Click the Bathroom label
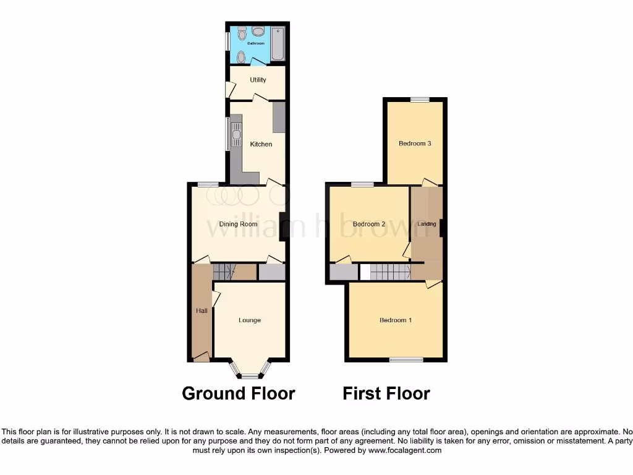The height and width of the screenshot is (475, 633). [256, 44]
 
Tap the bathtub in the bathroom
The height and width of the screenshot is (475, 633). [278, 43]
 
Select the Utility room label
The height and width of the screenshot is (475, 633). [258, 80]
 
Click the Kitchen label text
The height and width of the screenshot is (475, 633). [261, 145]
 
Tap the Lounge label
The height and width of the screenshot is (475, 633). [250, 320]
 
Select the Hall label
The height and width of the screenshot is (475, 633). [202, 311]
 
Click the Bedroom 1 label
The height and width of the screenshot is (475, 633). [396, 320]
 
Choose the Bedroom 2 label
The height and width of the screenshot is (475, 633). [369, 224]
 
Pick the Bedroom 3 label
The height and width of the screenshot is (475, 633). [415, 143]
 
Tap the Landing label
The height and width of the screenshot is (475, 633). [427, 224]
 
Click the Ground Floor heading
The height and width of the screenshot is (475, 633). [238, 393]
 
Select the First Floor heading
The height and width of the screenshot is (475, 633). [386, 393]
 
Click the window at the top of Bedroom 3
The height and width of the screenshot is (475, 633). [420, 99]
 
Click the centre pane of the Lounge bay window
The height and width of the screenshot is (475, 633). [250, 376]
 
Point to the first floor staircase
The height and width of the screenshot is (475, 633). [390, 272]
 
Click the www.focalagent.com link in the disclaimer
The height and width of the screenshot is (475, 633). [405, 451]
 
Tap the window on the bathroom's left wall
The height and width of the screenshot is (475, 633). [227, 41]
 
